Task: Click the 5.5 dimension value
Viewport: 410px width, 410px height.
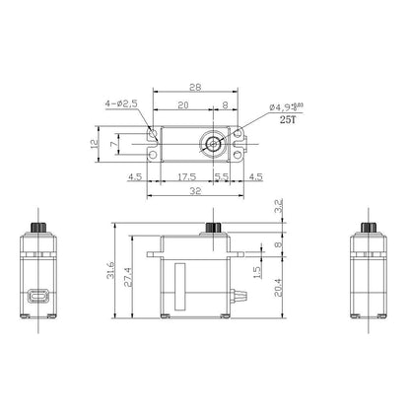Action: click(223, 177)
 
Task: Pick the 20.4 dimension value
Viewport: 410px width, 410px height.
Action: click(276, 286)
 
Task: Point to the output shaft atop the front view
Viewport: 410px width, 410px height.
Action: click(211, 229)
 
